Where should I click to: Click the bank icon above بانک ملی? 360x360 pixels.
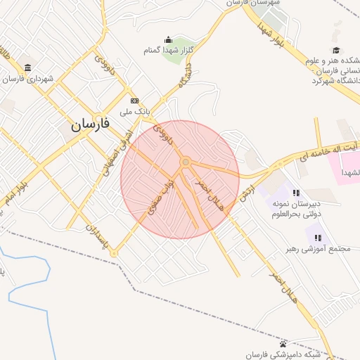click(x=135, y=101)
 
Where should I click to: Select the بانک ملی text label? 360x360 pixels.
click(x=136, y=111)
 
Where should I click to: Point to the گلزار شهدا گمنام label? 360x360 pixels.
click(x=168, y=50)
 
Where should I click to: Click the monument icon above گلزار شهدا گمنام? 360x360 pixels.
click(x=168, y=39)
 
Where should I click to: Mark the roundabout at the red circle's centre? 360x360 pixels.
click(x=185, y=162)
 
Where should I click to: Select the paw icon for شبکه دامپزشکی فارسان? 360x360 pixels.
click(x=283, y=344)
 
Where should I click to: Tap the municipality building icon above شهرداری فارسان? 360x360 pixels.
click(x=27, y=67)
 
